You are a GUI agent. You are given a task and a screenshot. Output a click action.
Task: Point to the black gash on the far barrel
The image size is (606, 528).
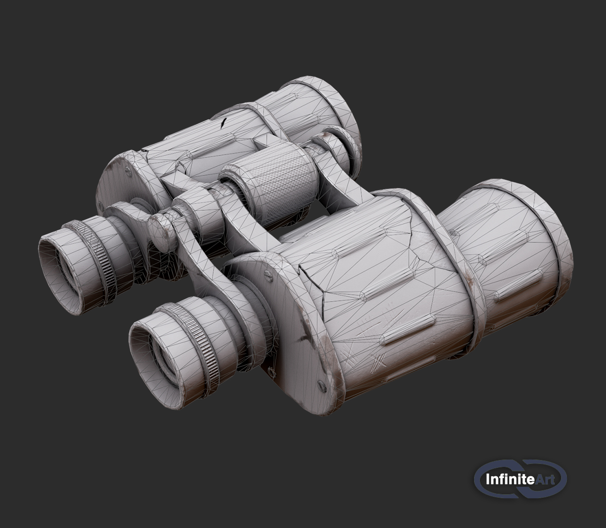pos(224,123)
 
